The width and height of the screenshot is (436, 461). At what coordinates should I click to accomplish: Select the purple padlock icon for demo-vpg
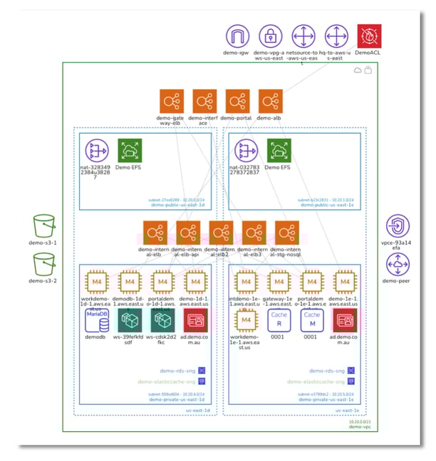271,36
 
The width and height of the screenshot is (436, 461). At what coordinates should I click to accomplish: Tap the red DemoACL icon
369,36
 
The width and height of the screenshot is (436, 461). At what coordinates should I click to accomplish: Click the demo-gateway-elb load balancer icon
172,101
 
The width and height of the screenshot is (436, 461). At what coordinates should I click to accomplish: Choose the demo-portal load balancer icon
238,101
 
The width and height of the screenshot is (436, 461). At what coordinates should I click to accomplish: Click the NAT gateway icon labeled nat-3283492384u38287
97,151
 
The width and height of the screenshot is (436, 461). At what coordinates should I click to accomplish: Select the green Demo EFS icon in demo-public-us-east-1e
279,151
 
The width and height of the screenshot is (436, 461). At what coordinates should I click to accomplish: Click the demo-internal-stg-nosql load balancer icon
286,233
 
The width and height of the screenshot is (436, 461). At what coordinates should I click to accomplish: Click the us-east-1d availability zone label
199,410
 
